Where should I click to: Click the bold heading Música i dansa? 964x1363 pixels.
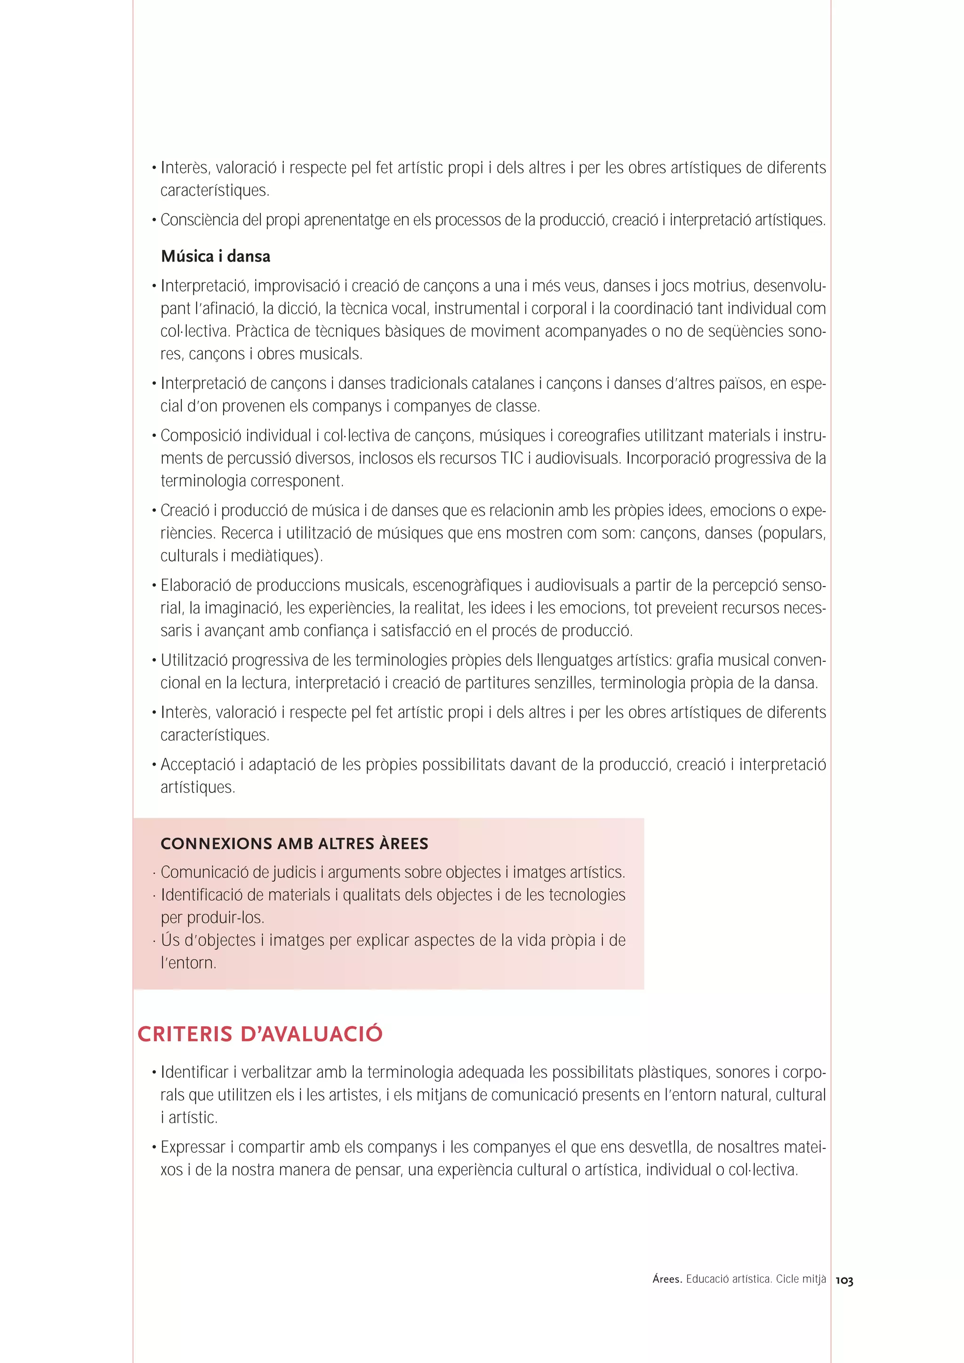click(215, 256)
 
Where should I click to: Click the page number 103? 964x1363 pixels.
click(844, 1281)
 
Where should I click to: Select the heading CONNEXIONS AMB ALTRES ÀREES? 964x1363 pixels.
click(294, 844)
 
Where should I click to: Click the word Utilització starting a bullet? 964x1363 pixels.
click(193, 660)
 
